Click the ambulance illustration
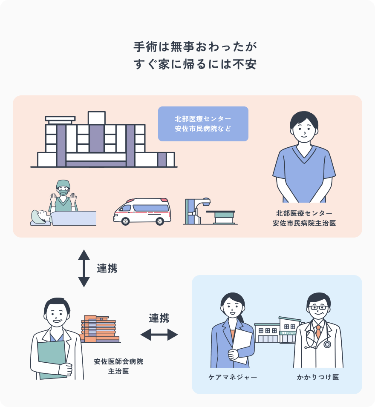(x=141, y=211)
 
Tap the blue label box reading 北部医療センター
(x=203, y=123)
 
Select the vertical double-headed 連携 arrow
(x=84, y=268)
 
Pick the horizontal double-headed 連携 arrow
(x=159, y=335)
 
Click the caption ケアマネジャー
(x=233, y=377)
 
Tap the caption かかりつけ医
(x=318, y=377)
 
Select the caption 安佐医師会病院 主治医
(x=118, y=366)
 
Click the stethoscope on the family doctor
(x=326, y=343)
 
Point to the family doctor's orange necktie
(x=318, y=332)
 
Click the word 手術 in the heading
(x=145, y=46)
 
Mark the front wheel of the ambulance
(x=126, y=221)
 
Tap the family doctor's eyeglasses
(x=318, y=307)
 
